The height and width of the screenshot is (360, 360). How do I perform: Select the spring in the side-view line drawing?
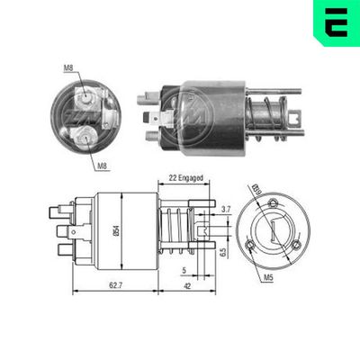(177, 229)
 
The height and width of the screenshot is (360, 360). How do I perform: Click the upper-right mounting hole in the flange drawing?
(292, 200)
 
